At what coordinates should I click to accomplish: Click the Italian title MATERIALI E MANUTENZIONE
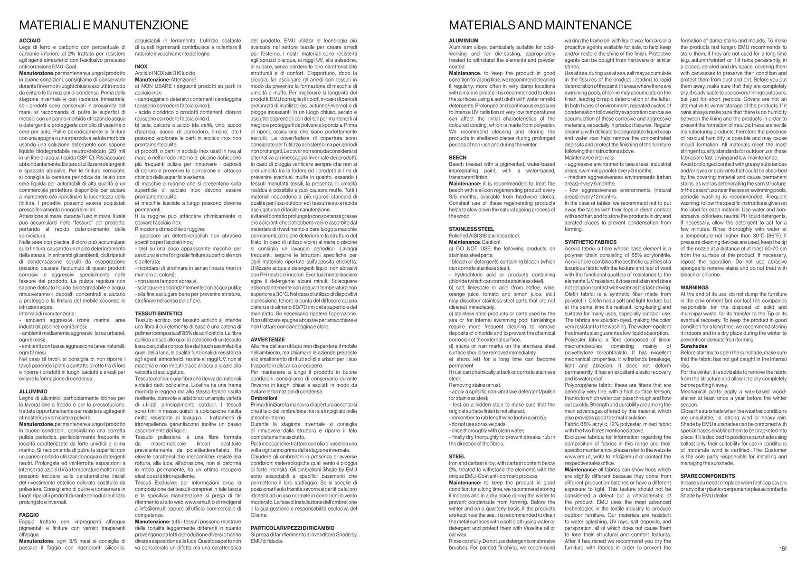(x=104, y=25)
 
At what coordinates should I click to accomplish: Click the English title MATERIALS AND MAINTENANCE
(x=540, y=25)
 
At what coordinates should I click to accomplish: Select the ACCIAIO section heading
(x=30, y=41)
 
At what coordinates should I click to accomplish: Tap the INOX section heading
(x=141, y=66)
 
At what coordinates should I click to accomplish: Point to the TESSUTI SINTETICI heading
(x=159, y=313)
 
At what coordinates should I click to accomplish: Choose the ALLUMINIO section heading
(x=33, y=391)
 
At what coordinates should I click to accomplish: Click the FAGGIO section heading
(x=29, y=515)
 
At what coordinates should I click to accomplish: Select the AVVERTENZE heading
(x=267, y=340)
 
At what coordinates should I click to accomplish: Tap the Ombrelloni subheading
(x=264, y=398)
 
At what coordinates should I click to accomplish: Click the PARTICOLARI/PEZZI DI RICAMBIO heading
(x=292, y=528)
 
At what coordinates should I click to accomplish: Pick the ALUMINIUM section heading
(x=464, y=41)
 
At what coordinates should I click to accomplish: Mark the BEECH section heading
(x=458, y=157)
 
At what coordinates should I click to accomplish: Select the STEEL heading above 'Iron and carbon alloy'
(x=457, y=456)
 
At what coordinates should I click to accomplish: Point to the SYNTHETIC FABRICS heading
(x=590, y=242)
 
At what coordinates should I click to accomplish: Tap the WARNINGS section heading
(x=694, y=287)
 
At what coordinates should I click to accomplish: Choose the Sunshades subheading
(x=694, y=346)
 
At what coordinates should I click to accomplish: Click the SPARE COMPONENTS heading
(x=708, y=476)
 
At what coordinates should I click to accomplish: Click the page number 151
(x=783, y=549)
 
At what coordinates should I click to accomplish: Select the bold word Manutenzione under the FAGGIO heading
(x=36, y=541)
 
